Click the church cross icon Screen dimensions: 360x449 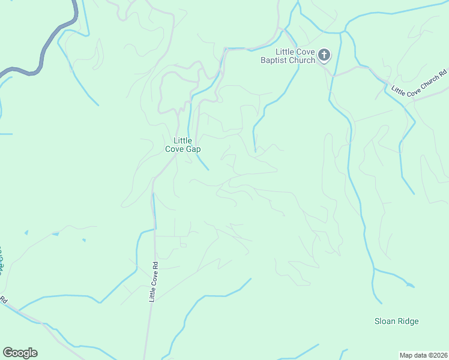pos(324,56)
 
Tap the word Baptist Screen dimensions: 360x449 pos(276,60)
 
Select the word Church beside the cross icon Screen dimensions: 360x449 pos(303,60)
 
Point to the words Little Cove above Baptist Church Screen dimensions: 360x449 pos(291,52)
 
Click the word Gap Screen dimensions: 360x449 pos(193,149)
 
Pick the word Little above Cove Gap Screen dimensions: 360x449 pos(183,140)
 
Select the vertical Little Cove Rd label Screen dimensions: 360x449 pos(154,281)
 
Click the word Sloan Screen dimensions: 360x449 pos(385,321)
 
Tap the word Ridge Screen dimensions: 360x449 pos(408,321)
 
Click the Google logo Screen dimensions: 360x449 pos(20,353)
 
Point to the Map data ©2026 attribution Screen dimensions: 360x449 pos(423,355)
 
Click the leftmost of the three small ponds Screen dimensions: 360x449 pos(26,232)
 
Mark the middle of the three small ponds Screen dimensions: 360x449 pos(55,234)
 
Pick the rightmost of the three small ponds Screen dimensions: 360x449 pos(83,241)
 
